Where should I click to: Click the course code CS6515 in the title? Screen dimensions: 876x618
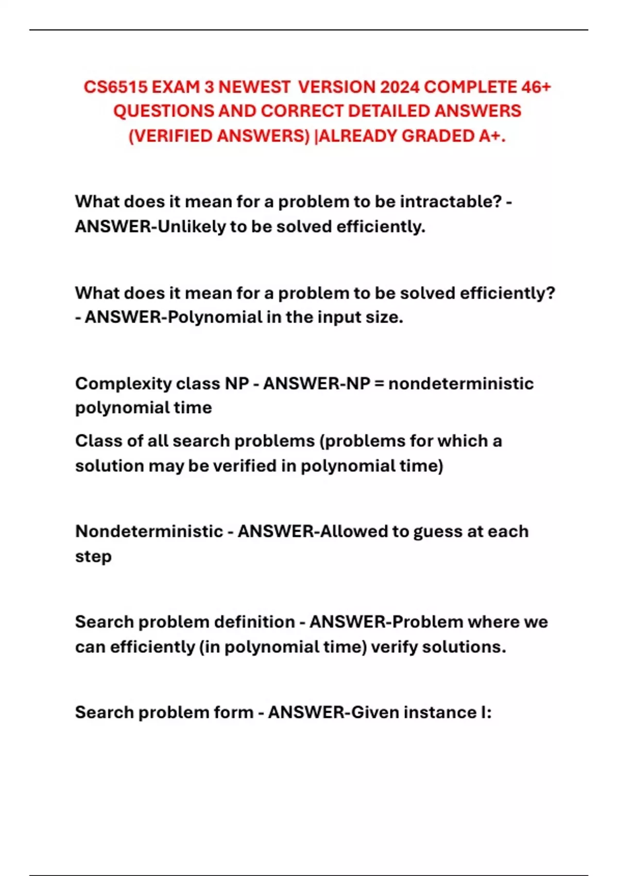pyautogui.click(x=115, y=87)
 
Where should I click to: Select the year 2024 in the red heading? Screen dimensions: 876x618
pyautogui.click(x=400, y=87)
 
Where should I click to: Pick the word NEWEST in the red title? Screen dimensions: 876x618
pyautogui.click(x=254, y=87)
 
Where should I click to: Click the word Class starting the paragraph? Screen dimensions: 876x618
pyautogui.click(x=94, y=441)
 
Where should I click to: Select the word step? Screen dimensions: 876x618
pyautogui.click(x=93, y=557)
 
